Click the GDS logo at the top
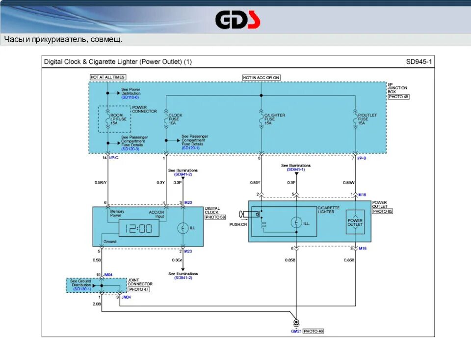coord(237,20)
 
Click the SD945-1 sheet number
coord(419,62)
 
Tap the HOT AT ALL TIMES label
coord(108,77)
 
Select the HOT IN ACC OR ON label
coord(261,77)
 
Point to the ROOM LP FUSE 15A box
coord(114,119)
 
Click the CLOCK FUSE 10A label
coord(175,119)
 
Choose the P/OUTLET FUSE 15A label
coord(367,119)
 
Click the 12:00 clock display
coord(139,228)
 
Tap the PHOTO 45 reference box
coord(398,97)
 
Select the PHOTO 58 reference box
coord(215,217)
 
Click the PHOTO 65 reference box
coord(383,211)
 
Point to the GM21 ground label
coord(296,331)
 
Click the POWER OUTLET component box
coord(355,222)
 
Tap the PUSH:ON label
coord(237,224)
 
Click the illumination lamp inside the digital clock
coord(182,227)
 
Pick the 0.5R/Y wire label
coord(100,182)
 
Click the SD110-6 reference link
coord(130,97)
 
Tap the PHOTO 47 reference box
coord(139,289)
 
